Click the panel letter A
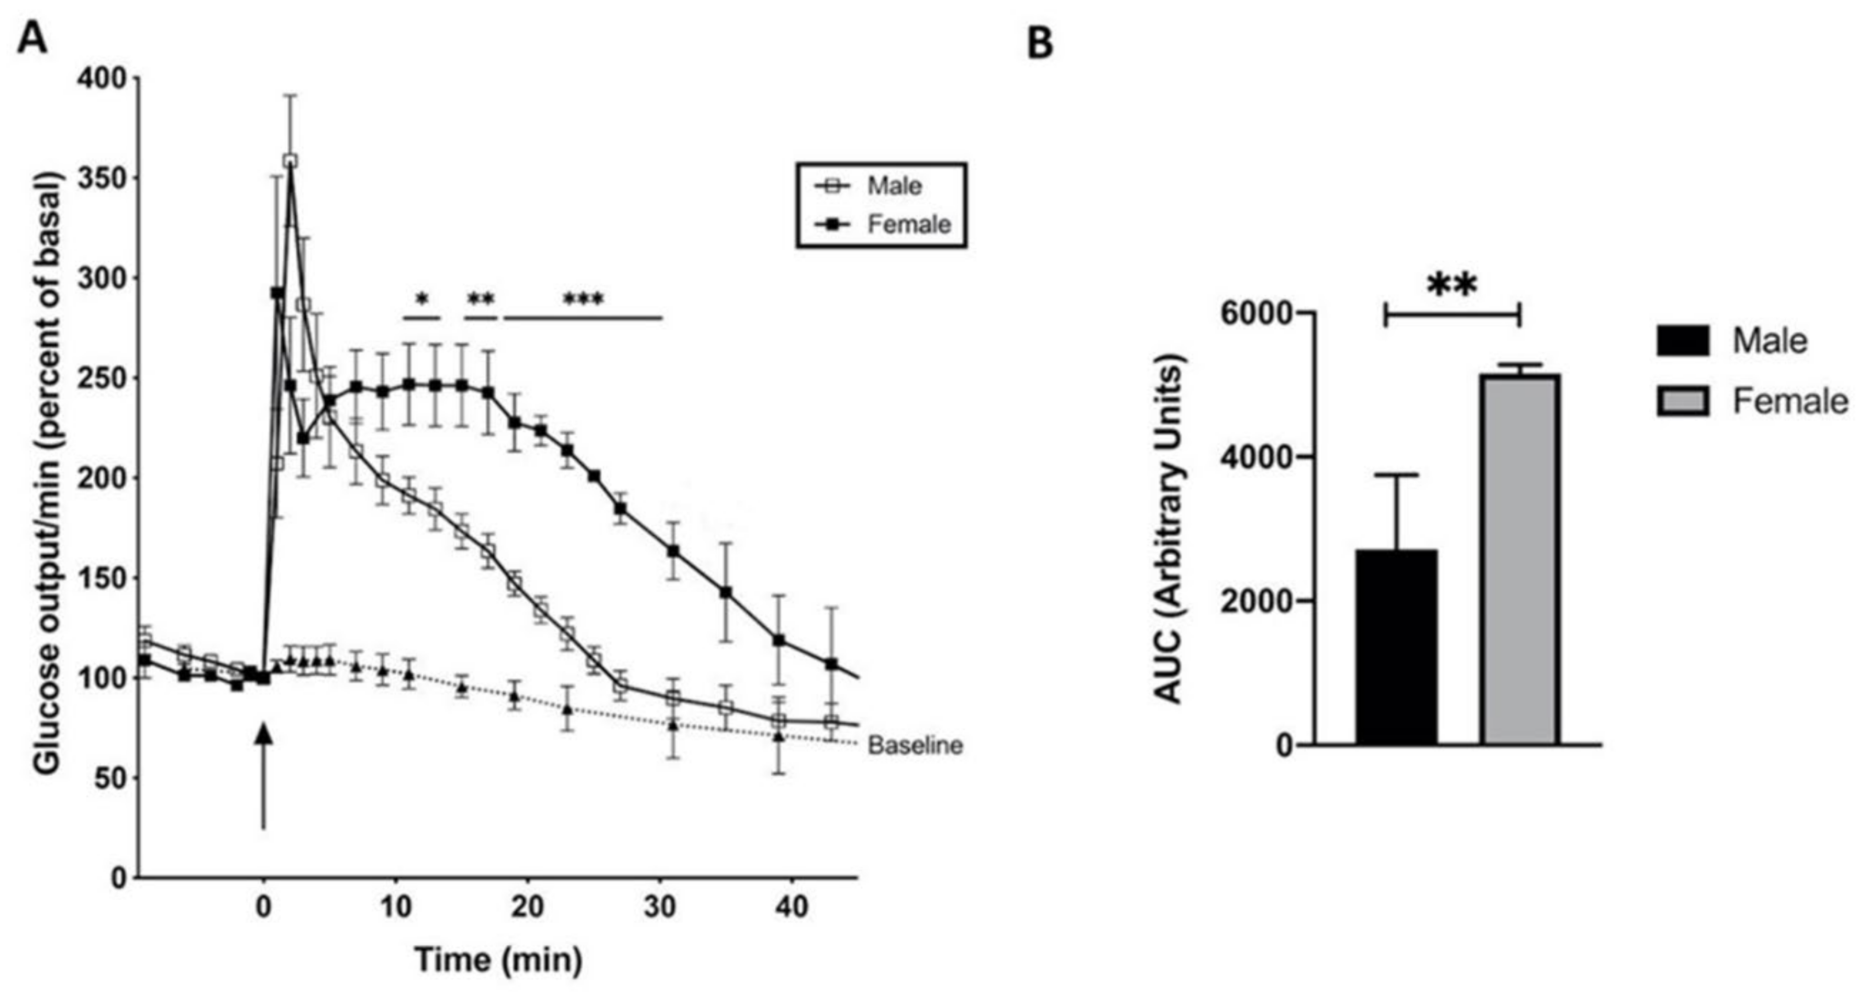point(32,38)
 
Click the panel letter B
point(1041,45)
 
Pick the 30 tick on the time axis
point(659,907)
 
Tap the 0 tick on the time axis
point(264,907)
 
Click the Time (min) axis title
point(498,959)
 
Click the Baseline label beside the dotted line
point(915,746)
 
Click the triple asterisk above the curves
point(583,300)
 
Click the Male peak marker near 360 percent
point(290,160)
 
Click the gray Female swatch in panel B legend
point(1682,401)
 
